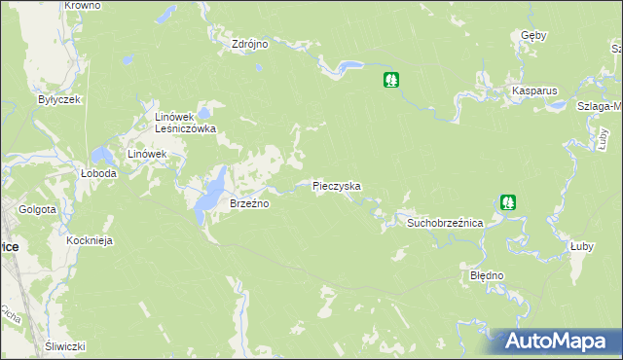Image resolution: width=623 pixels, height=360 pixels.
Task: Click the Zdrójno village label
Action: coord(249,44)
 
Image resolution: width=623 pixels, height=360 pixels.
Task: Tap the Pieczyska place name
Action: coord(337,185)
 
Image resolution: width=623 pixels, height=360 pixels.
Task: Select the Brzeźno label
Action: coord(248,204)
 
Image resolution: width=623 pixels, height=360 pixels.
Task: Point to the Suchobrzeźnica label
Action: coord(445,223)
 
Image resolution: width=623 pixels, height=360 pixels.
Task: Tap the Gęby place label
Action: coord(533,35)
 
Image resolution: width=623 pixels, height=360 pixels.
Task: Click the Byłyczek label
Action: coord(57,99)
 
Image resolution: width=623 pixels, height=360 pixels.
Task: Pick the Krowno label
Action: coord(83,6)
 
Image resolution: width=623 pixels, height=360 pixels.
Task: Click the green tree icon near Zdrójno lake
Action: coord(391,80)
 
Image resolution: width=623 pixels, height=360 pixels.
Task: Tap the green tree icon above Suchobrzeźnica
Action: coord(507,202)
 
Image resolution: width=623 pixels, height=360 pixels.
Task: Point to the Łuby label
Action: coord(582,246)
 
